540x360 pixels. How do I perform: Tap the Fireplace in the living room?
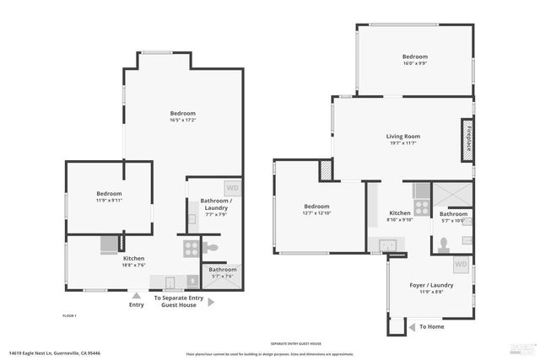[466, 139]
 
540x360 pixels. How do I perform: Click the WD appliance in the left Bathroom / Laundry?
[231, 188]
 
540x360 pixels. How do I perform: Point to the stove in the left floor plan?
[192, 249]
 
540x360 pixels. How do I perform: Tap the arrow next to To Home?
[411, 326]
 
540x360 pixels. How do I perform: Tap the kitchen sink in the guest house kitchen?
[388, 245]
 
